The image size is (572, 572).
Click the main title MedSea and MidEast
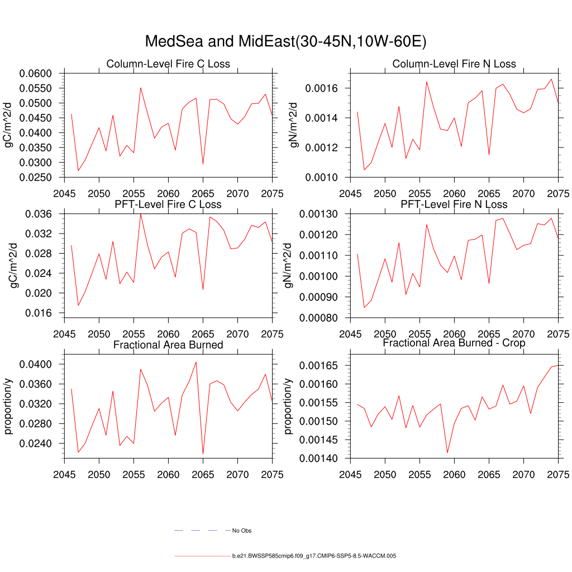point(285,42)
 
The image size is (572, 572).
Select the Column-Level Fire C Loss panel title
point(168,64)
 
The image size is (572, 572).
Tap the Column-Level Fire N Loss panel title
point(454,64)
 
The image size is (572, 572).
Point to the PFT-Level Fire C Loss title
point(168,204)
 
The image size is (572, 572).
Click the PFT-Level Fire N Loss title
point(454,204)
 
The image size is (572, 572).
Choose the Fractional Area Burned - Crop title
point(454,343)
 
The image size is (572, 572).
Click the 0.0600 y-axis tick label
point(36,74)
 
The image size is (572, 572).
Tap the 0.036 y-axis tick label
point(39,214)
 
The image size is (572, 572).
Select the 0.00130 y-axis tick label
point(322,214)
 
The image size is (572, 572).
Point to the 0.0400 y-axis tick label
point(36,364)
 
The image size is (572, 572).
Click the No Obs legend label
point(242,531)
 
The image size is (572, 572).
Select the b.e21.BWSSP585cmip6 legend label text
point(314,556)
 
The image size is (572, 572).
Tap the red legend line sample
point(201,556)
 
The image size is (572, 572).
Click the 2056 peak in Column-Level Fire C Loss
point(141,88)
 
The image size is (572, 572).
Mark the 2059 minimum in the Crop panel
point(447,452)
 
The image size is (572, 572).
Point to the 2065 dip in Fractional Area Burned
point(203,454)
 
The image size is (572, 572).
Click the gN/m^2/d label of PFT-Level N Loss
point(289,265)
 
